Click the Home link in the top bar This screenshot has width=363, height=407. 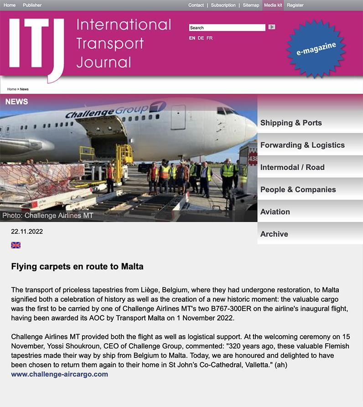10,5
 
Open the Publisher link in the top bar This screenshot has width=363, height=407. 32,5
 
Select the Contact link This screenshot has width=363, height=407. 196,5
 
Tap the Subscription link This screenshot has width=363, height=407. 223,5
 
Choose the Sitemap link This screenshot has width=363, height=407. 251,5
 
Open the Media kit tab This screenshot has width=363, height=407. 273,5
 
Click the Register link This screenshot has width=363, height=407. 295,5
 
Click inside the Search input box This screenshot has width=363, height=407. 227,28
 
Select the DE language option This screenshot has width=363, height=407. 201,38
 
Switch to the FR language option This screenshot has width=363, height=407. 209,38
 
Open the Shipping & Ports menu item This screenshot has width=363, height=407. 291,123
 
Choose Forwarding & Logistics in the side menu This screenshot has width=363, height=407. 302,145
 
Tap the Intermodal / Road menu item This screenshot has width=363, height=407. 292,168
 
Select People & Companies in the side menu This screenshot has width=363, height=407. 298,190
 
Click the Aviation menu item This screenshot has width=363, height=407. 275,212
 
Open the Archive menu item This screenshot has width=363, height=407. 274,234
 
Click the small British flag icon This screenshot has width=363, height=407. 16,245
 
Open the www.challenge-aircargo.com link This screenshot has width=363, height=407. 60,374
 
